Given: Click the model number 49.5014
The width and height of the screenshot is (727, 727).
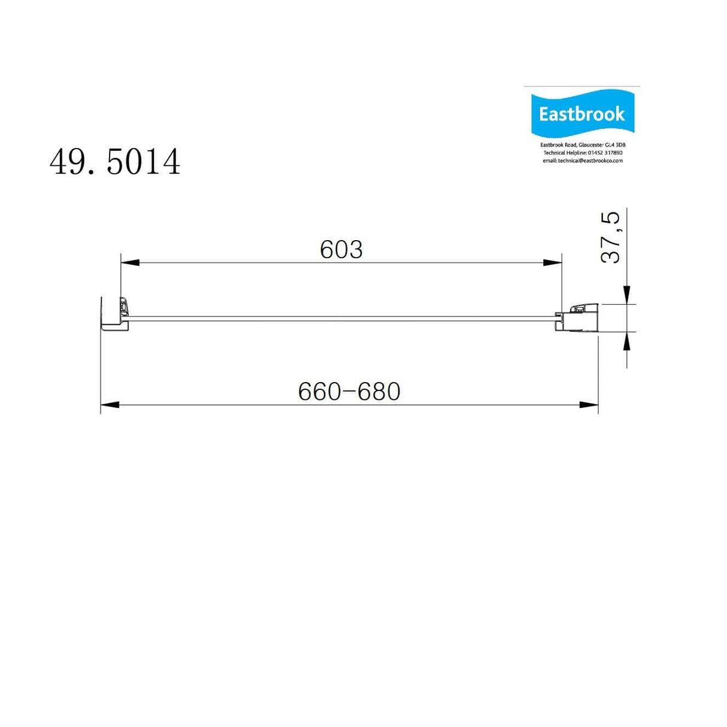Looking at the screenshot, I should coord(115,162).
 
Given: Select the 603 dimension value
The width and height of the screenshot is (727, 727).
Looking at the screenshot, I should coord(341,250).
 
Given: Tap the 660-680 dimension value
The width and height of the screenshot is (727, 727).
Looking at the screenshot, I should coord(349,392).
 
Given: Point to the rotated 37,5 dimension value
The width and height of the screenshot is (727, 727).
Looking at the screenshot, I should coord(611,237).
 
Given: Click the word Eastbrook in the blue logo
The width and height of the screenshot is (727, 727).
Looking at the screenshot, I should coord(581,114).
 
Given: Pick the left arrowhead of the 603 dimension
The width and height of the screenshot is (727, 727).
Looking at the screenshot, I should coord(130,262).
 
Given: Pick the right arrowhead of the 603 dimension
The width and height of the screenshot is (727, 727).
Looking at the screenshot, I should coord(553,262).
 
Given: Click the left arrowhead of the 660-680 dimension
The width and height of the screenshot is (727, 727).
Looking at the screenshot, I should coord(110,405).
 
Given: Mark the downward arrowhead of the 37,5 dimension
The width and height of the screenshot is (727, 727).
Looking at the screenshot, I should coord(626,294).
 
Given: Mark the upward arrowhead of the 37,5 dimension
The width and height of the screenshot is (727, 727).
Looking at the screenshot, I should coord(626,341).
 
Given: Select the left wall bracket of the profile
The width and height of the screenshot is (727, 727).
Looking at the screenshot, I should coord(114,313).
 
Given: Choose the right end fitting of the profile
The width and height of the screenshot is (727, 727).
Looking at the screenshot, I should coord(580,317).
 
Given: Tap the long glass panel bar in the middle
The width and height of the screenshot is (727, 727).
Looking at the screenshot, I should coord(341,318).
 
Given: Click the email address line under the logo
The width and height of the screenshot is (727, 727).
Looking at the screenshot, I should coord(583,160).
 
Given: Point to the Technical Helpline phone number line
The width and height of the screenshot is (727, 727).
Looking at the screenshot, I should coord(583,153).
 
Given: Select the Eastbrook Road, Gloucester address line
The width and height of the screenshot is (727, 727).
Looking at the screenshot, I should coord(583,145).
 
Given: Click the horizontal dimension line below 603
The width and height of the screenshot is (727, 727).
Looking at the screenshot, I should coord(341,262).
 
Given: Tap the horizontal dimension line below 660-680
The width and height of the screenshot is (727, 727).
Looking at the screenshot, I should coord(349,405).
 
